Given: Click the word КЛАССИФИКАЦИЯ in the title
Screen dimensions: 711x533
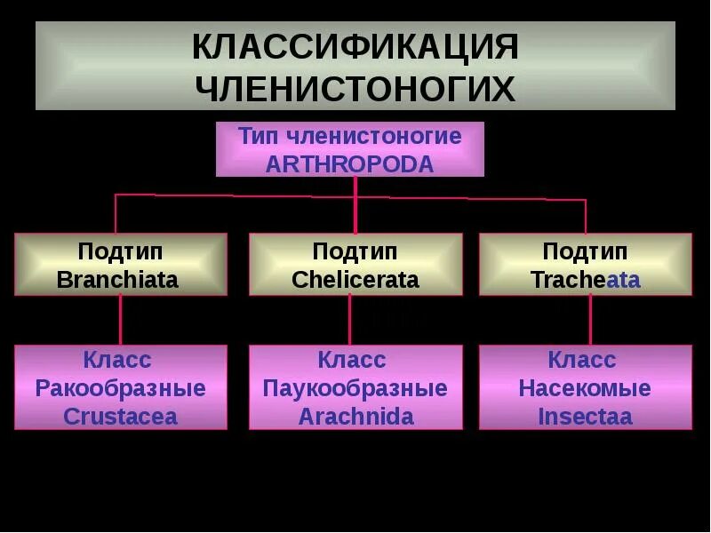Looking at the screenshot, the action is [355, 48].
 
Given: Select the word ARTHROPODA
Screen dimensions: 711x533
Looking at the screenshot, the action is [349, 163].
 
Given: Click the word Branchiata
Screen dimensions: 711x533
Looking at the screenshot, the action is [117, 280].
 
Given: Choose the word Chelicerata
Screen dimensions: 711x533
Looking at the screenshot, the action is [355, 280].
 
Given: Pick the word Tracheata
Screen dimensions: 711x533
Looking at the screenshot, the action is [585, 280].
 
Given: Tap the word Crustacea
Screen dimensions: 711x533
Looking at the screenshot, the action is [120, 416].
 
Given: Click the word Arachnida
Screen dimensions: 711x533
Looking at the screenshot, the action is [355, 416].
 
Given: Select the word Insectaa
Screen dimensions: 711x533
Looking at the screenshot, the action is [585, 416].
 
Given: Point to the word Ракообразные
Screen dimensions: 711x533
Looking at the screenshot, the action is [120, 388].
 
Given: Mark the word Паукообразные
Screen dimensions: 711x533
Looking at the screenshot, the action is [355, 388].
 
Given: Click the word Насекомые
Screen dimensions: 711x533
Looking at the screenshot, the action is [585, 388].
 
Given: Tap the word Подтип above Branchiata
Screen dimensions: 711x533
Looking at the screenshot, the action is [120, 252].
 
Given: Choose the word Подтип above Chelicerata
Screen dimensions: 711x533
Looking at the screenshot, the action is [355, 252].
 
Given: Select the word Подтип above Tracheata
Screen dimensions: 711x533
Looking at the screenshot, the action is [585, 252].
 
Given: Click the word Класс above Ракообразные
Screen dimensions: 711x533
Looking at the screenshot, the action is [117, 360].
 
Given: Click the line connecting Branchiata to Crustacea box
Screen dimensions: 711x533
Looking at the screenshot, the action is [121, 320].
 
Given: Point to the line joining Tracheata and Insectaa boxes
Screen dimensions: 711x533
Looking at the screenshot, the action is [590, 320].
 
